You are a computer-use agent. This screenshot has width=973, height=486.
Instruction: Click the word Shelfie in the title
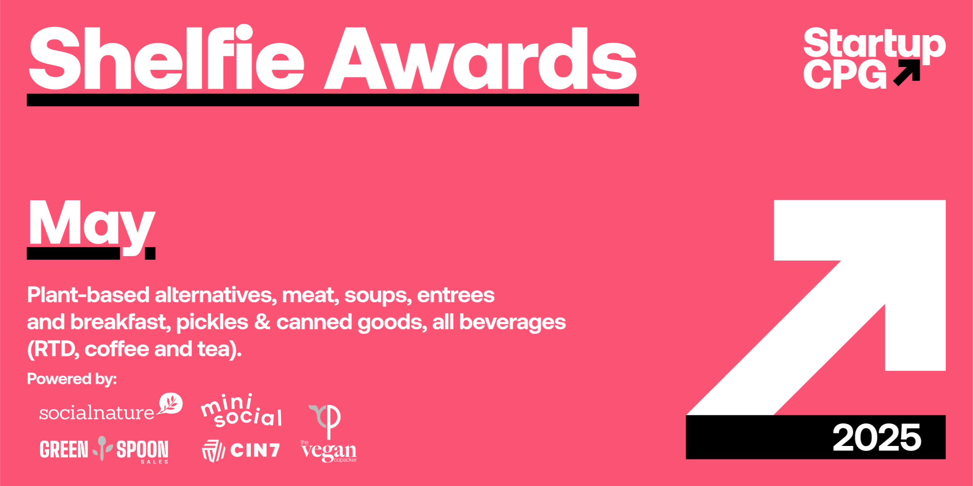point(167,57)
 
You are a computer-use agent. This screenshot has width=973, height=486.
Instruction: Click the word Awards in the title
point(481,58)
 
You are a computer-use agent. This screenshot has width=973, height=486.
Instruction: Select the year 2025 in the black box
point(877,437)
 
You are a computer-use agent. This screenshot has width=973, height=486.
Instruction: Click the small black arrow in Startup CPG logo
point(906,72)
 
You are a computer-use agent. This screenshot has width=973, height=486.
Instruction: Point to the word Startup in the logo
point(874,45)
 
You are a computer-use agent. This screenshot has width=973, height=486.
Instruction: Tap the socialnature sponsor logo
point(111,407)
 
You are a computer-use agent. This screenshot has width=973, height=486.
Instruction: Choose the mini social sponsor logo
point(242,410)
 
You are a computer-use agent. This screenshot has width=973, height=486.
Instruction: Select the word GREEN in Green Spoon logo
point(64,450)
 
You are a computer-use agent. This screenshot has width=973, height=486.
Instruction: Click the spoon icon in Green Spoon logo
point(102,448)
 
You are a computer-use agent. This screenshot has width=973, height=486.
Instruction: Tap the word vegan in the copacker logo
point(329,451)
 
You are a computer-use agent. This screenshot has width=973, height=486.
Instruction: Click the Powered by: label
point(72,379)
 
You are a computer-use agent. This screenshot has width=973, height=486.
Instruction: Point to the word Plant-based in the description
point(88,295)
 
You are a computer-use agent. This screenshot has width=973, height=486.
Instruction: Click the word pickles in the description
point(212,323)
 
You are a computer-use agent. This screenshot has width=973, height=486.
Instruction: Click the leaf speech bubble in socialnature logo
point(170,403)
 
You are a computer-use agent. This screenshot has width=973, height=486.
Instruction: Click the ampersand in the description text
point(262,322)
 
